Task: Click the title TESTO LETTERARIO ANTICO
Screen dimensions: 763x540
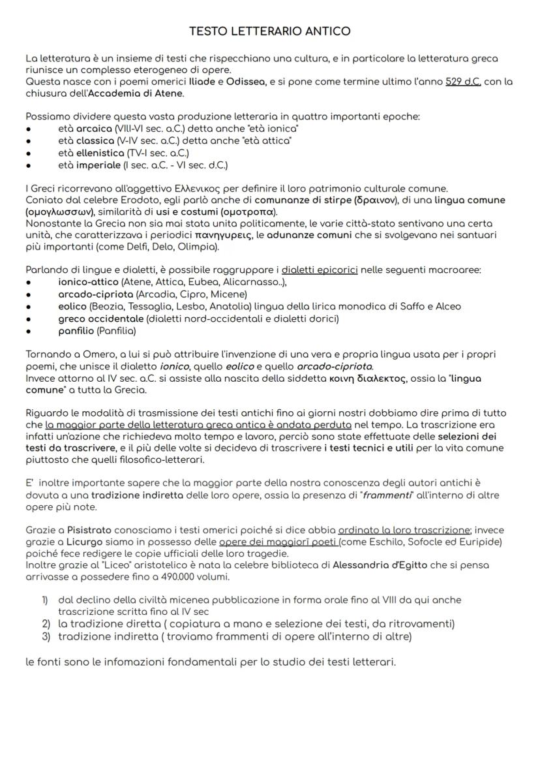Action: pyautogui.click(x=269, y=31)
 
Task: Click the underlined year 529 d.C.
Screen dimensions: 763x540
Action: pyautogui.click(x=463, y=82)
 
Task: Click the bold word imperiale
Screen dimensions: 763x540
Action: pyautogui.click(x=99, y=165)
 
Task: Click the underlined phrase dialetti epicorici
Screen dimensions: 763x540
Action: pyautogui.click(x=319, y=270)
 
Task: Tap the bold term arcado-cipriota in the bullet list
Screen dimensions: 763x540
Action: pyautogui.click(x=95, y=294)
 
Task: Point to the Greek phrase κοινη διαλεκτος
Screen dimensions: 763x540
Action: pyautogui.click(x=363, y=379)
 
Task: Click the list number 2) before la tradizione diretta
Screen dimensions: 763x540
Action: pyautogui.click(x=46, y=624)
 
